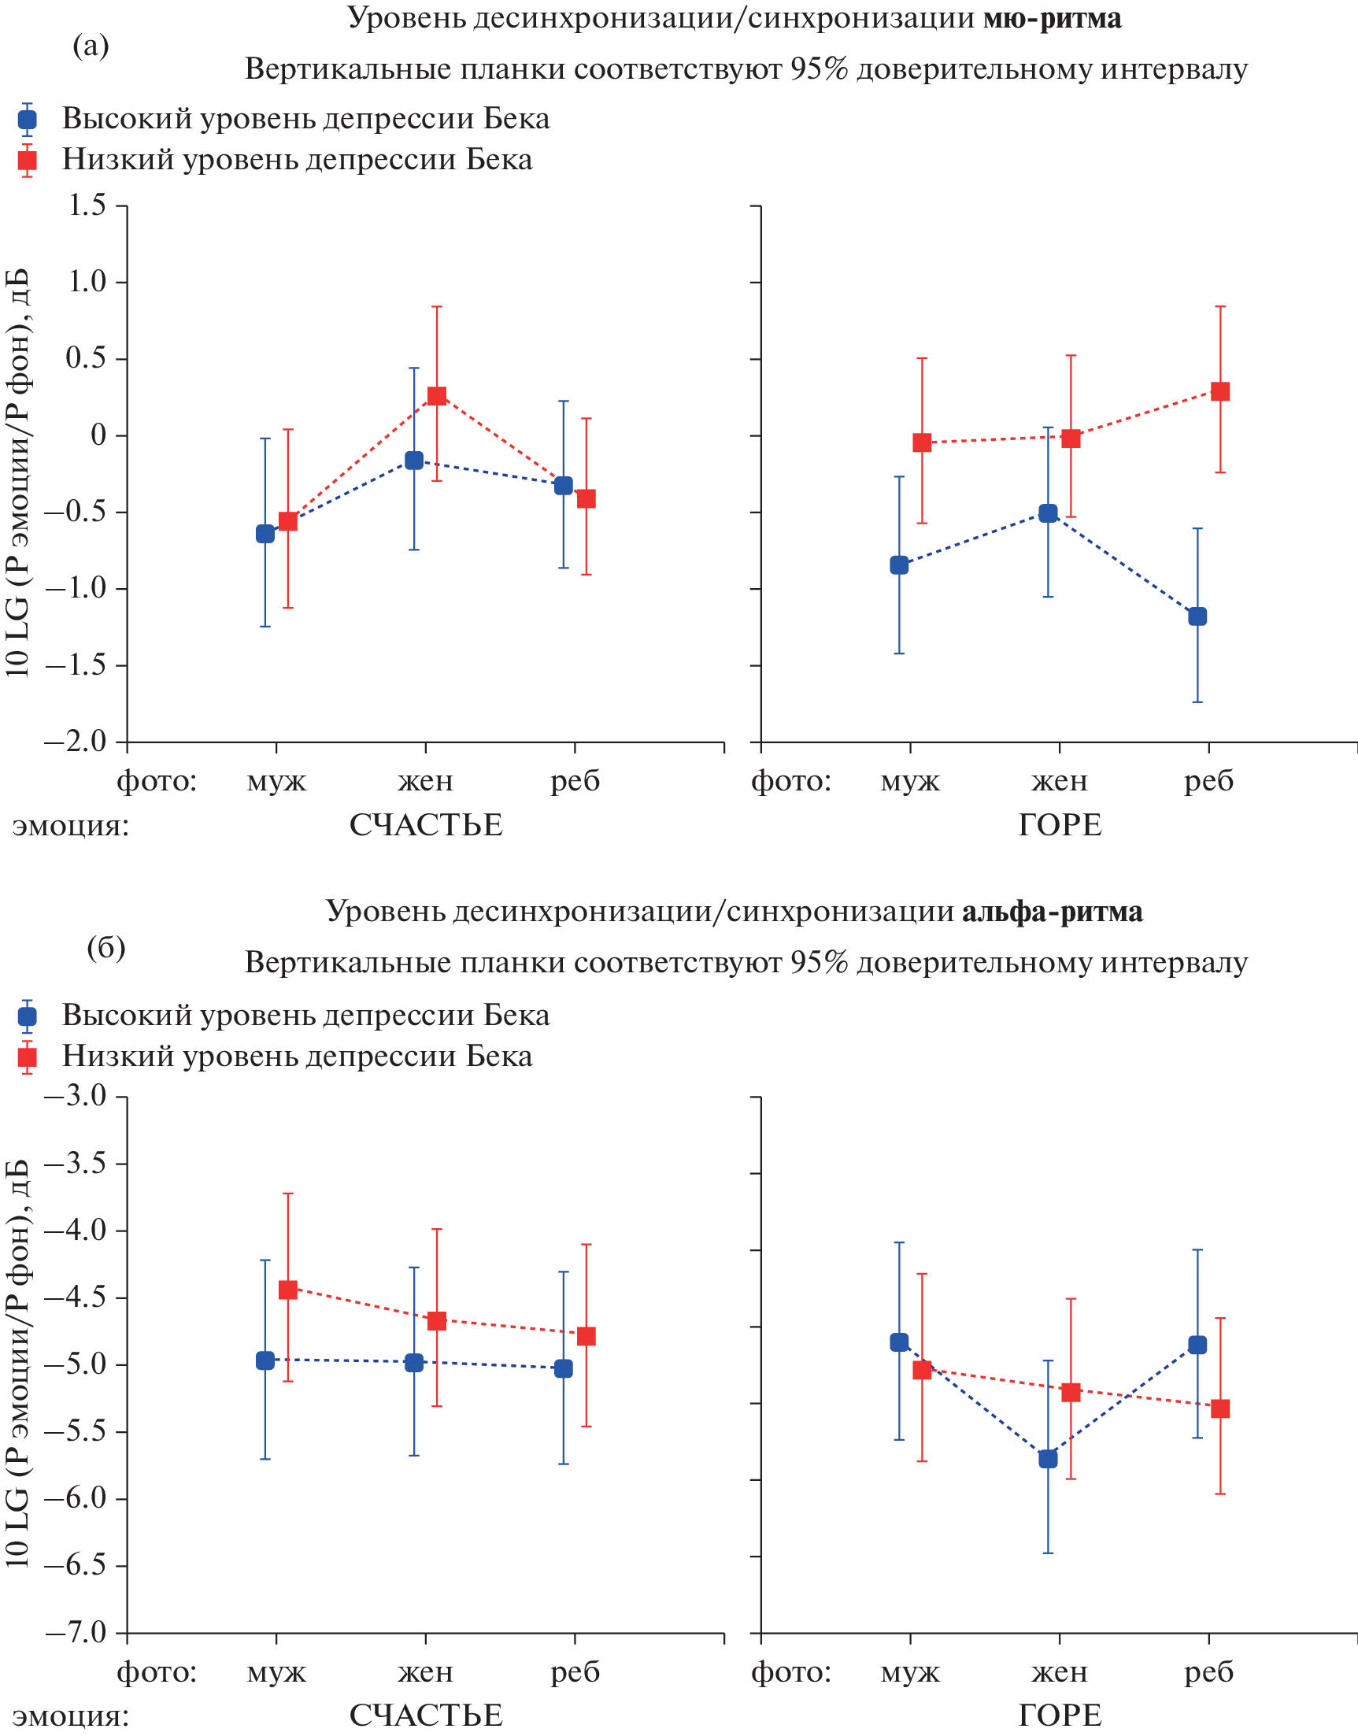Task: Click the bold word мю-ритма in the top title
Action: coord(1052,17)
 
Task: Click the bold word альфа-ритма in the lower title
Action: coord(1052,912)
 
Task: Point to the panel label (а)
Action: coord(91,46)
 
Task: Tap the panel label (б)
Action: coord(105,947)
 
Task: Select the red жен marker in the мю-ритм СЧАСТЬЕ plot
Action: coord(436,396)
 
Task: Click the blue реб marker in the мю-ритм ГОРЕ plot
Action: coord(1197,616)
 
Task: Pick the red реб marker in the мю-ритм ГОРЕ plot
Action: coord(1219,391)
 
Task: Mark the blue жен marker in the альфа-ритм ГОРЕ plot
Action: coord(1048,1459)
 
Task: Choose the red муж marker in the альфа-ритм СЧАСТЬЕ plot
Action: coord(288,1290)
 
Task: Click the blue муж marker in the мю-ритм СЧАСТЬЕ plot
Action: coord(265,534)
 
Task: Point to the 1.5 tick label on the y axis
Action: coord(87,205)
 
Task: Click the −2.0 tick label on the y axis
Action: coord(76,742)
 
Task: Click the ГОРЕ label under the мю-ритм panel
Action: coord(1059,825)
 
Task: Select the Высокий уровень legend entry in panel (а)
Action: coord(305,120)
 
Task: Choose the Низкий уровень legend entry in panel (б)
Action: coord(297,1056)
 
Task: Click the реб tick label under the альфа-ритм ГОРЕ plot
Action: coord(1208,1672)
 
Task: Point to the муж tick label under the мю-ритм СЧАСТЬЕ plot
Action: coord(276,781)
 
